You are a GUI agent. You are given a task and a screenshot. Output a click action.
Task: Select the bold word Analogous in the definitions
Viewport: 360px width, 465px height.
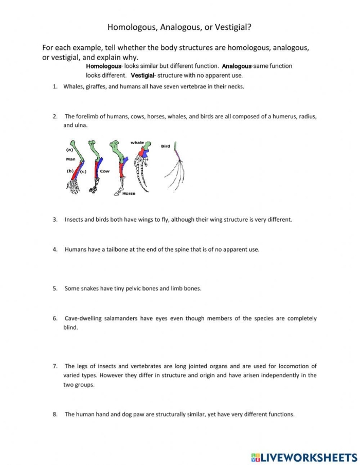point(237,66)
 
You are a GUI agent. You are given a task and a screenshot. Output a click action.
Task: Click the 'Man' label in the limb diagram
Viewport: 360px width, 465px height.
point(70,159)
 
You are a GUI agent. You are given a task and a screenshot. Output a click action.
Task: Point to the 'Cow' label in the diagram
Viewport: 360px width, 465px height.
point(104,171)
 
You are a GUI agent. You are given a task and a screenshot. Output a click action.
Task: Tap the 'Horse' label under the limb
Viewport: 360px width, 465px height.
point(129,193)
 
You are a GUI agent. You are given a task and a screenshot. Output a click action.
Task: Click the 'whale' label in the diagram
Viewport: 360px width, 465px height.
point(137,142)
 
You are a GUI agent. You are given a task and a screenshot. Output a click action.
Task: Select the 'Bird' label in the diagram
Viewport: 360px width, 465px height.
point(165,146)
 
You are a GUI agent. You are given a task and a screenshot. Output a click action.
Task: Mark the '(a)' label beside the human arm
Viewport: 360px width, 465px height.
point(69,150)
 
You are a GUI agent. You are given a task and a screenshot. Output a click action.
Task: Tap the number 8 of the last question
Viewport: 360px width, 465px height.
point(55,414)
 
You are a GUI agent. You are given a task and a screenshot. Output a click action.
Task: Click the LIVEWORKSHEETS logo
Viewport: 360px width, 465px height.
point(304,457)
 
